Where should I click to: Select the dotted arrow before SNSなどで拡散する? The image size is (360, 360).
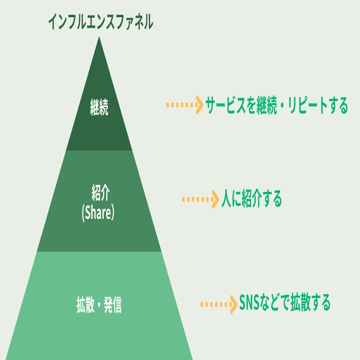click(x=218, y=304)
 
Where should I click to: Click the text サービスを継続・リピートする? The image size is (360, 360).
click(x=277, y=106)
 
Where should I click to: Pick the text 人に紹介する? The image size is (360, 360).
click(x=251, y=199)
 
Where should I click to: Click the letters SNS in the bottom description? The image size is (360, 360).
click(x=250, y=304)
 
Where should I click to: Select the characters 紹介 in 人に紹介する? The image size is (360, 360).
click(x=254, y=199)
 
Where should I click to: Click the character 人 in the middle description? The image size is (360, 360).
click(x=227, y=199)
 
